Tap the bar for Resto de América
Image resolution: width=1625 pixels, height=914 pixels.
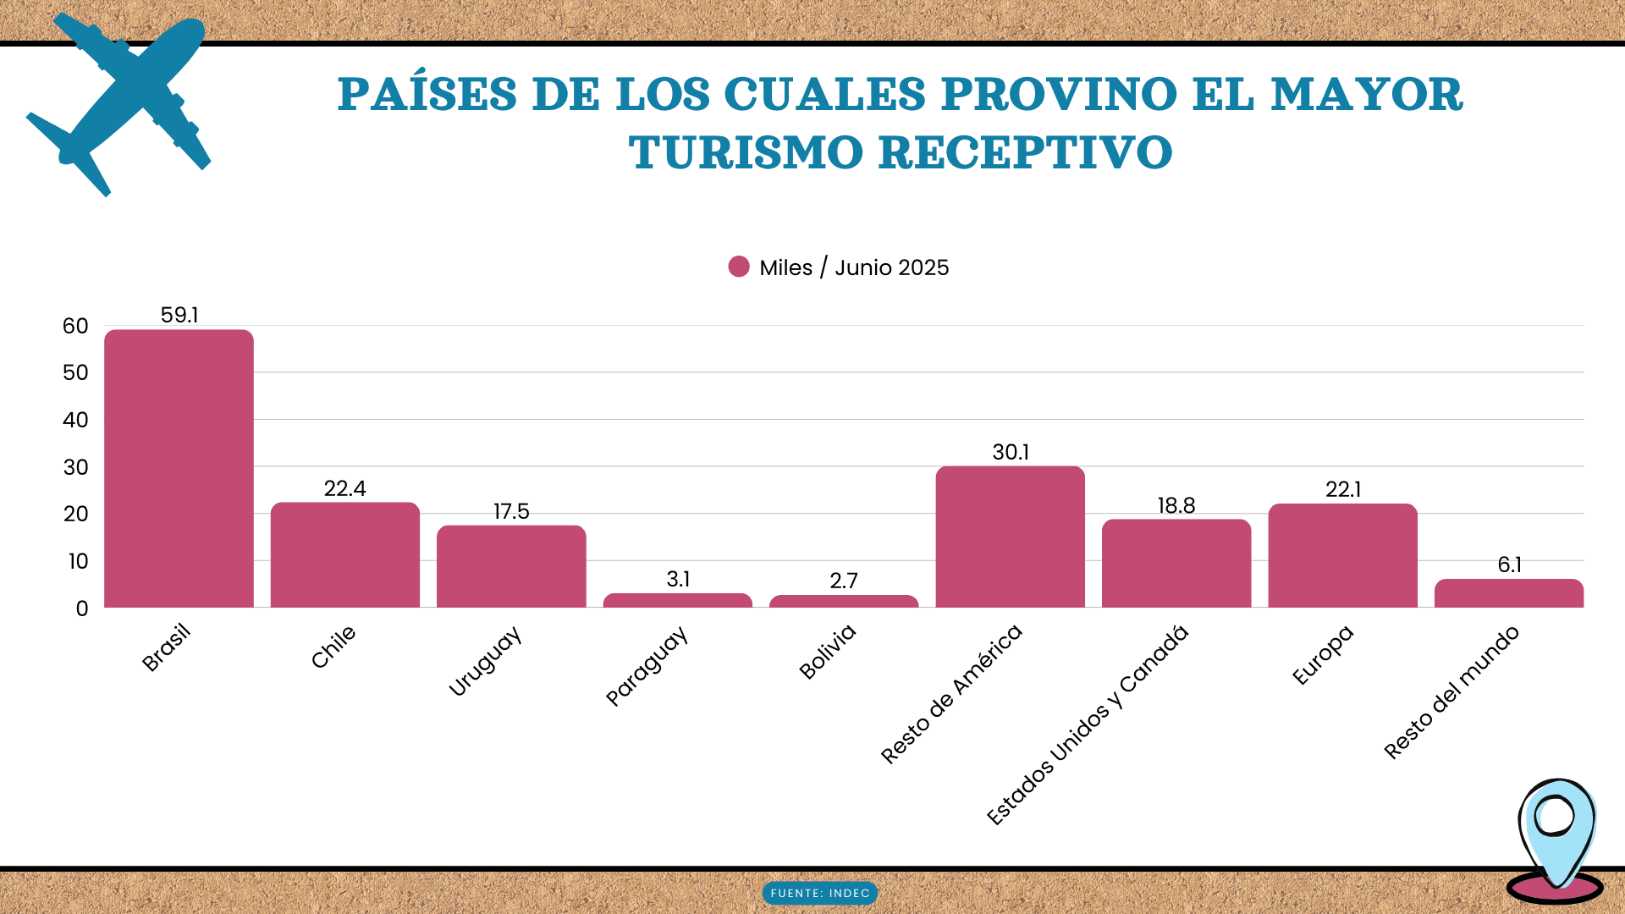click(1010, 537)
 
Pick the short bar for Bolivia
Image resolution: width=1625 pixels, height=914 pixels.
click(844, 601)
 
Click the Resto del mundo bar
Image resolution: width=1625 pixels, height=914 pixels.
click(1508, 593)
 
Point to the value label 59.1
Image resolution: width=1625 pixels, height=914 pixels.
click(179, 315)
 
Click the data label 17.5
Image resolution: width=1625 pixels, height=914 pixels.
click(511, 511)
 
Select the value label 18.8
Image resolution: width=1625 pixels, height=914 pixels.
click(1176, 505)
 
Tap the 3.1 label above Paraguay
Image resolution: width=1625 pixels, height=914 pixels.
click(678, 579)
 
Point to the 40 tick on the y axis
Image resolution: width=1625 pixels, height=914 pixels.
click(75, 420)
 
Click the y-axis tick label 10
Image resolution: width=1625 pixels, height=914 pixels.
click(78, 561)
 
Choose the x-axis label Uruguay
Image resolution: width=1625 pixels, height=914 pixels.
click(484, 662)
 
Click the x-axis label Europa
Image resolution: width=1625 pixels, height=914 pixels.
click(1323, 655)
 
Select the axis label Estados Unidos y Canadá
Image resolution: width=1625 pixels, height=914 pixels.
click(1088, 725)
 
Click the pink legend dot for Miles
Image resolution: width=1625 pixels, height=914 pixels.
click(739, 267)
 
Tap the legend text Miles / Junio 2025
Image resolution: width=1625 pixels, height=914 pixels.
click(854, 267)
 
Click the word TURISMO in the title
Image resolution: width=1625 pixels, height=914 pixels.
click(746, 153)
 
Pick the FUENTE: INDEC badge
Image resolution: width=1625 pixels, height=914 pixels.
click(820, 893)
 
